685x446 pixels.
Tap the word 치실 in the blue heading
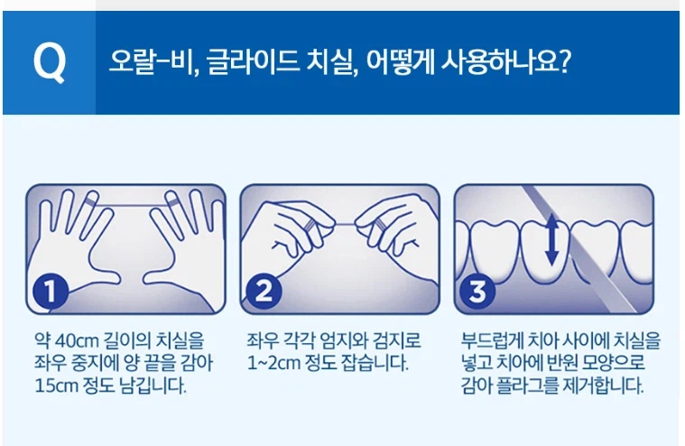322,64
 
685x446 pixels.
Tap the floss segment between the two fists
340,222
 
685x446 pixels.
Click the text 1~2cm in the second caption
273,365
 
